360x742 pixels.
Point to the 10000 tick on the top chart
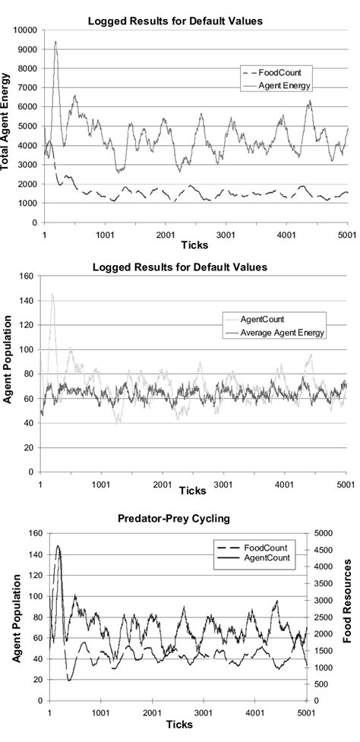pos(24,30)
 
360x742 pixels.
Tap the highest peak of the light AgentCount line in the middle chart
pos(52,293)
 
